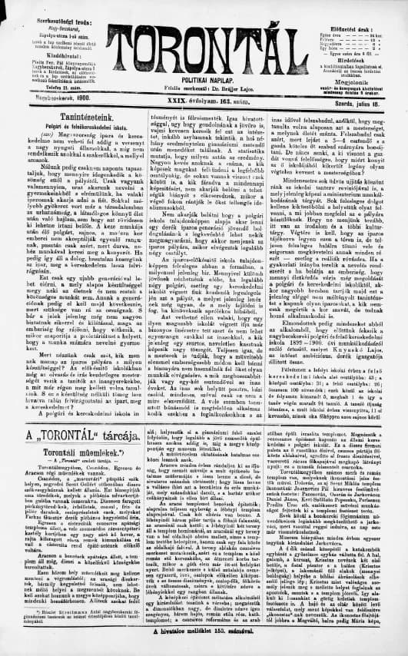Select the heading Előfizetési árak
(360, 8)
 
